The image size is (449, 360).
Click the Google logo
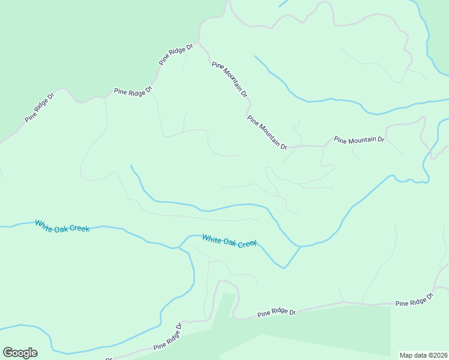20,353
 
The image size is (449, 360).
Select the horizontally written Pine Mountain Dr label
359,140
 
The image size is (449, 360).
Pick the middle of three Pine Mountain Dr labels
267,133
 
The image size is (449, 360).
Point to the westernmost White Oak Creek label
62,226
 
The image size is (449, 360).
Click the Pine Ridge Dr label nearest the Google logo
168,337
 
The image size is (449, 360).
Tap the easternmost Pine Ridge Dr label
414,300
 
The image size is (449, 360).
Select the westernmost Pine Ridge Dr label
40,108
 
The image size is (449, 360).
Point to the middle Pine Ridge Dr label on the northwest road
133,91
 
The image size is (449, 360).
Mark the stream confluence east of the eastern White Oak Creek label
300,246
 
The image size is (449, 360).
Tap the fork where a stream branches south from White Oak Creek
179,247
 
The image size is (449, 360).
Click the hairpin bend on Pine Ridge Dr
227,282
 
